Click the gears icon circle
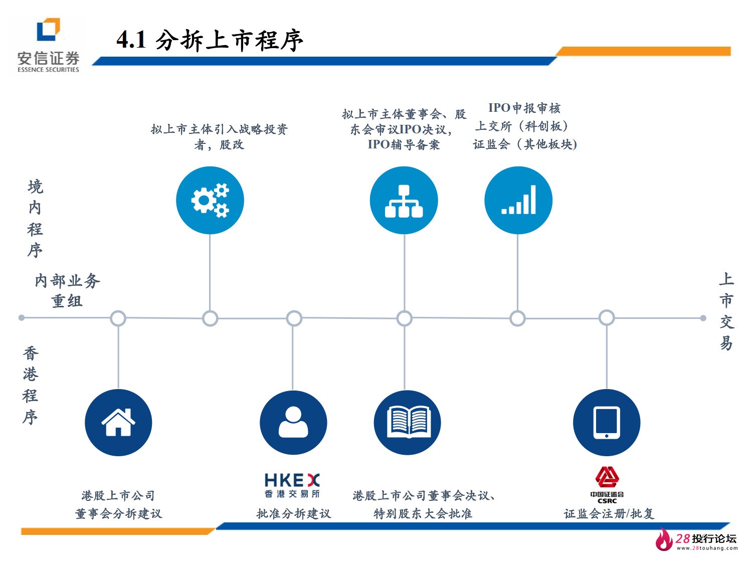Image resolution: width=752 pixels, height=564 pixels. coord(210,201)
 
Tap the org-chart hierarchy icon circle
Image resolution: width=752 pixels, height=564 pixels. coord(404,201)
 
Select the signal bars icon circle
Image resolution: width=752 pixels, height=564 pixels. coord(518,201)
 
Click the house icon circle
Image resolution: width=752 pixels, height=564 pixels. coord(118,422)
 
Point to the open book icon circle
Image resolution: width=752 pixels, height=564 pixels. coord(407,422)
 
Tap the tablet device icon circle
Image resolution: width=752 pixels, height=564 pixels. coord(607,422)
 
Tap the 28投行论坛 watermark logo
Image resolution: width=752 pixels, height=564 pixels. coord(697,540)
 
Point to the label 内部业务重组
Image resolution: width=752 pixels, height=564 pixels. coord(67,291)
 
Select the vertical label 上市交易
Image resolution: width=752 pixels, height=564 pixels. coord(726,311)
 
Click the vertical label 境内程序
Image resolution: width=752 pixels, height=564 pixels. coord(35,219)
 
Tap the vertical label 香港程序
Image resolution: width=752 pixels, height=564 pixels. coord(31,385)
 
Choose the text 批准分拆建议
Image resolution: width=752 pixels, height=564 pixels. coord(294,513)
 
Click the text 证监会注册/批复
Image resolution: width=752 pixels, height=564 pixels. coord(609,513)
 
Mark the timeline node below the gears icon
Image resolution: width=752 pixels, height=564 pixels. coord(210,318)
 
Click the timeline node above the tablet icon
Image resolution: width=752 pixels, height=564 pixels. coord(607,318)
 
